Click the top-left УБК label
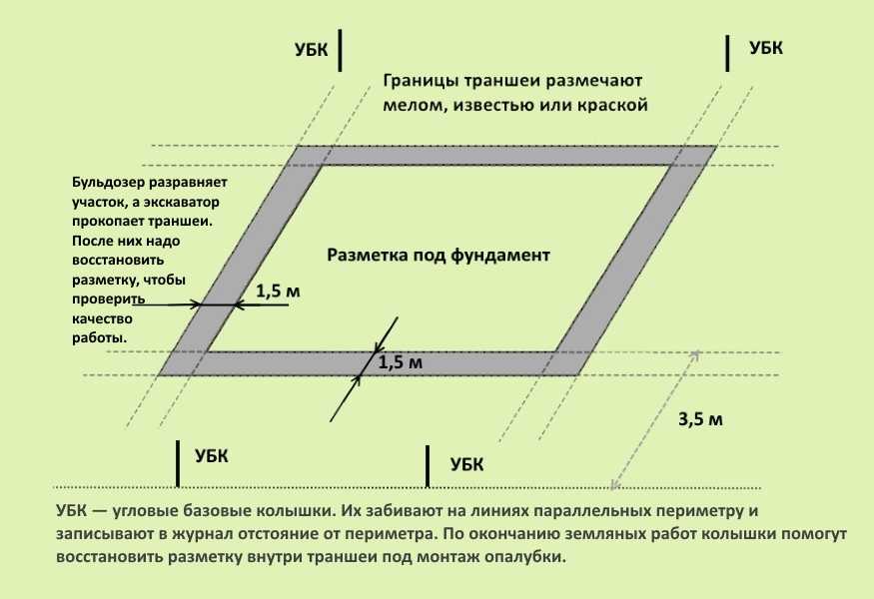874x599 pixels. click(311, 50)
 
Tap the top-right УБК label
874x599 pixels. click(766, 48)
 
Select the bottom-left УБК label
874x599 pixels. click(211, 456)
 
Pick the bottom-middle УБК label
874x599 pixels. click(467, 464)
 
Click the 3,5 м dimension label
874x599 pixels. click(700, 419)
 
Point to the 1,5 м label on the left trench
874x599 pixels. click(278, 291)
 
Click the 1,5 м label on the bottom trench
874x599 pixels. click(401, 362)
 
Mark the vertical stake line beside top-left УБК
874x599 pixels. click(340, 51)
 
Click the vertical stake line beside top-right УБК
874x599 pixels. click(727, 53)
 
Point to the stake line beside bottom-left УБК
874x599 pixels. click(178, 463)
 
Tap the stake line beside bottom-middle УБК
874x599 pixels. click(428, 466)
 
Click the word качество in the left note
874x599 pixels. click(103, 319)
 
